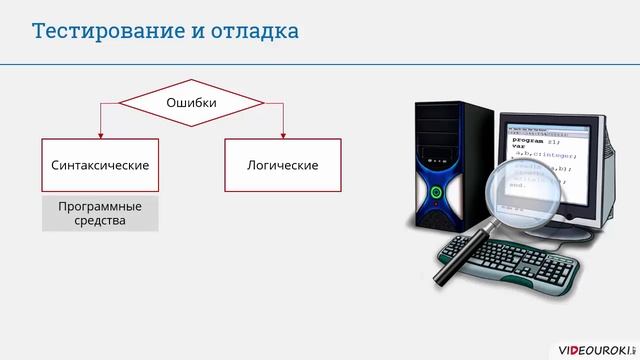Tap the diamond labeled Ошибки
(191, 102)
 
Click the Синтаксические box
(100, 164)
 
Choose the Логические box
(282, 164)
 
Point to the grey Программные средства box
(100, 213)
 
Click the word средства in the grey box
(100, 221)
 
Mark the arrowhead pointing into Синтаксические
(100, 134)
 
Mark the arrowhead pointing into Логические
(283, 134)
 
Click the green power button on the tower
(436, 189)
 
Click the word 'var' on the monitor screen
(518, 147)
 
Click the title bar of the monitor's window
(550, 128)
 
